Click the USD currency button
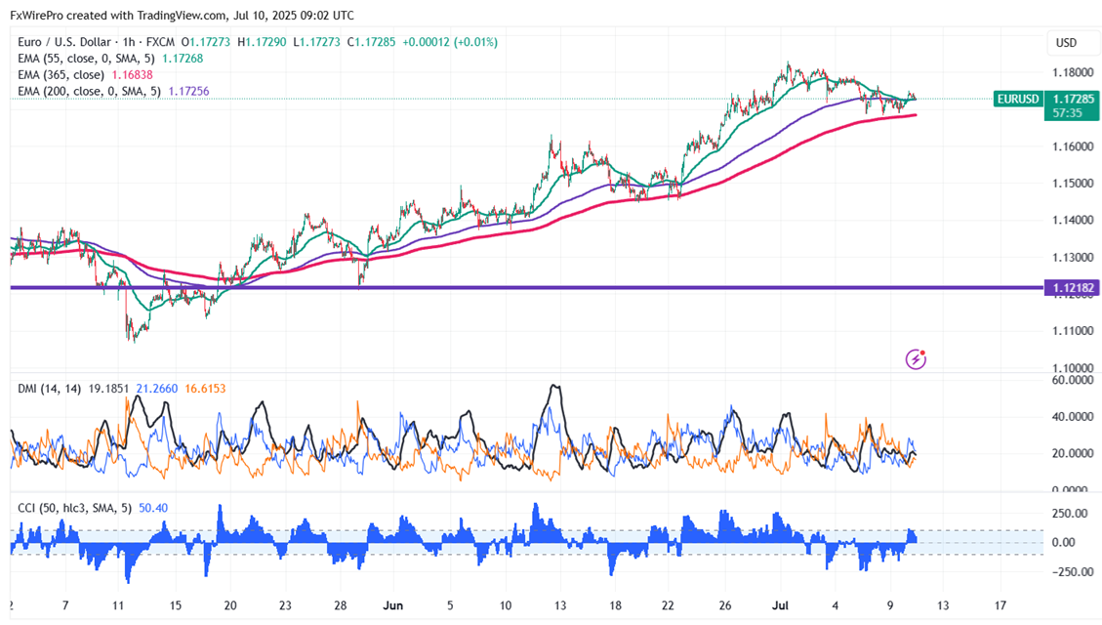[x=1066, y=42]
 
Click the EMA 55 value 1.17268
[x=181, y=58]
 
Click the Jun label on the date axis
[x=393, y=604]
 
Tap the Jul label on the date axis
[x=782, y=604]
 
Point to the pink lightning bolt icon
[x=916, y=359]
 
